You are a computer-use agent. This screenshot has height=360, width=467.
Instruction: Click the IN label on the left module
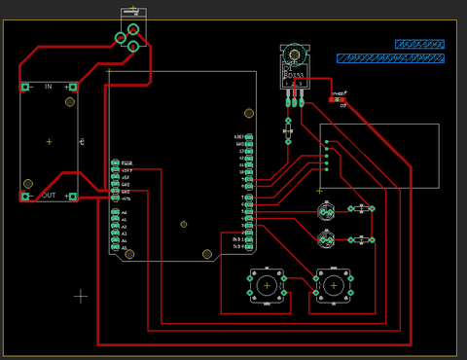point(48,87)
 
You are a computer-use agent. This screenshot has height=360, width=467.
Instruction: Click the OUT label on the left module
point(48,196)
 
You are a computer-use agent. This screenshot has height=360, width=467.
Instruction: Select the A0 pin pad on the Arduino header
point(115,212)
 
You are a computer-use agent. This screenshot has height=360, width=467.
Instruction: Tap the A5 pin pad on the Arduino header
point(115,248)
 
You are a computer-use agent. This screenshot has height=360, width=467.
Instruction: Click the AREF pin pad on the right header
point(249,137)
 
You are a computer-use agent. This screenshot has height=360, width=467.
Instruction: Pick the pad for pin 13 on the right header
point(249,152)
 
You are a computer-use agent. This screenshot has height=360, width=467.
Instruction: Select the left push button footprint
point(267,284)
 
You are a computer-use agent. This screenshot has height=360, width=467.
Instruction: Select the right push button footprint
point(333,284)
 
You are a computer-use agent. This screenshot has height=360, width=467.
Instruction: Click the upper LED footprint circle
point(328,211)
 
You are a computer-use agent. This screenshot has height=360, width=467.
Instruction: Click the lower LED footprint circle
point(328,239)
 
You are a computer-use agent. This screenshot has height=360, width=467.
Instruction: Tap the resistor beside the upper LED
point(361,208)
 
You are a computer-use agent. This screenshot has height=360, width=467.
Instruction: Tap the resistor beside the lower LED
point(361,239)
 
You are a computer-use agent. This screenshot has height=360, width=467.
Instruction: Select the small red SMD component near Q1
point(338,99)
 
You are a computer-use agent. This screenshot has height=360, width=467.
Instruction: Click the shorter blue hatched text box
point(419,44)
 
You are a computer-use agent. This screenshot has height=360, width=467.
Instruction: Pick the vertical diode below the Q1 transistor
point(287,129)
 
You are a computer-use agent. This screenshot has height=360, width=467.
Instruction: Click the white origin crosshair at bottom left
point(81,295)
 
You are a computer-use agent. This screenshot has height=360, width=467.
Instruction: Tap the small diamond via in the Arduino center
point(184,224)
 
